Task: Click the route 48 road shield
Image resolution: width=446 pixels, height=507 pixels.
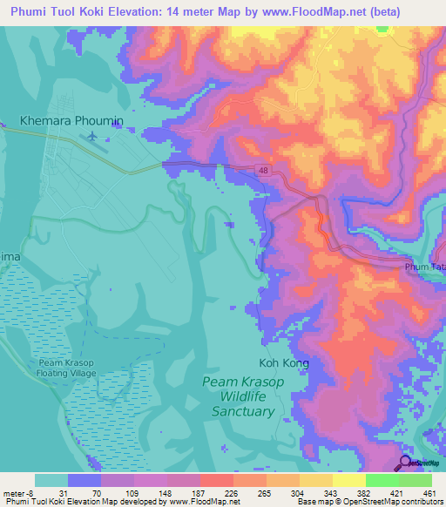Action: pos(263,172)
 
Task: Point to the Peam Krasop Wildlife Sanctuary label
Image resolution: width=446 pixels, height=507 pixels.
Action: pos(238,396)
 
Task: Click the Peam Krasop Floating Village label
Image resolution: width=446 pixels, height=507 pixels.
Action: pos(66,367)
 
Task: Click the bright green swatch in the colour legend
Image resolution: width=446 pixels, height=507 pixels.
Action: pos(382,480)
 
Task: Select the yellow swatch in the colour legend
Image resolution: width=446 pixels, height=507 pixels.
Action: pos(348,480)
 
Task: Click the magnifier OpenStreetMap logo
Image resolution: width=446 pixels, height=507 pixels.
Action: pos(405,463)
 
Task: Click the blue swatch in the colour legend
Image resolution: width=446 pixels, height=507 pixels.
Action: pos(84,480)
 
